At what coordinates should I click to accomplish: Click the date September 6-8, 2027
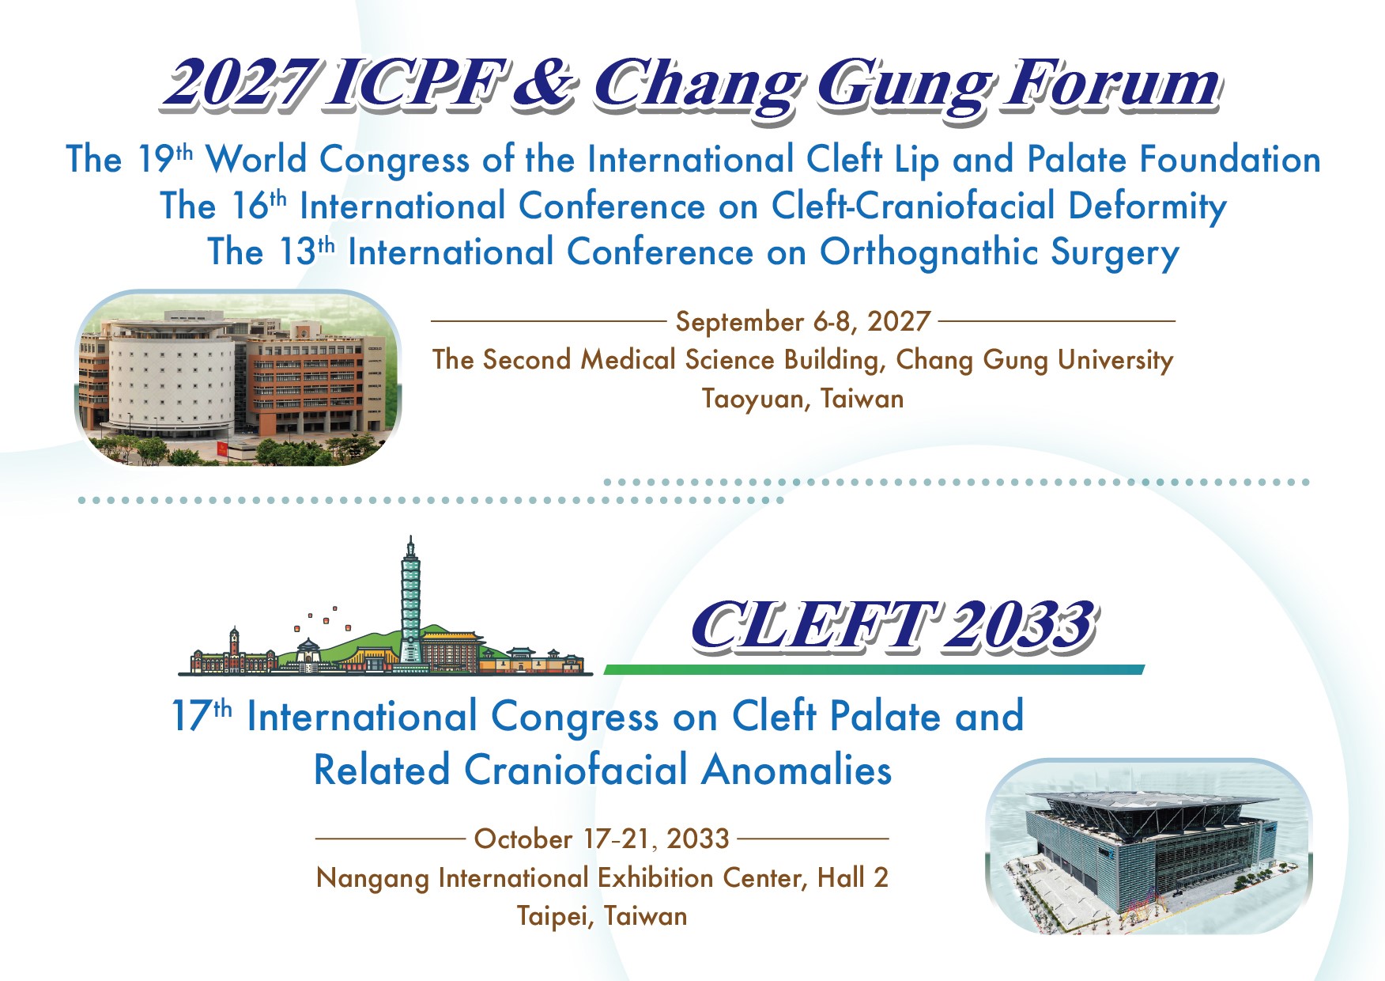coord(803,321)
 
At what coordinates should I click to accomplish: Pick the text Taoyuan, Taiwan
coord(803,398)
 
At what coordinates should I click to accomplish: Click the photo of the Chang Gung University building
coord(238,377)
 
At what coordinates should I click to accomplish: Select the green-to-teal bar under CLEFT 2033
coord(874,669)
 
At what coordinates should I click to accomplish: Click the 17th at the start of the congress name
coord(202,716)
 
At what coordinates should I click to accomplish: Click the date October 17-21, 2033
coord(602,839)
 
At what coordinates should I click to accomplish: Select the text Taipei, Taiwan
coord(602,916)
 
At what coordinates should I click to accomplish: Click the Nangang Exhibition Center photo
coord(1149,846)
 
